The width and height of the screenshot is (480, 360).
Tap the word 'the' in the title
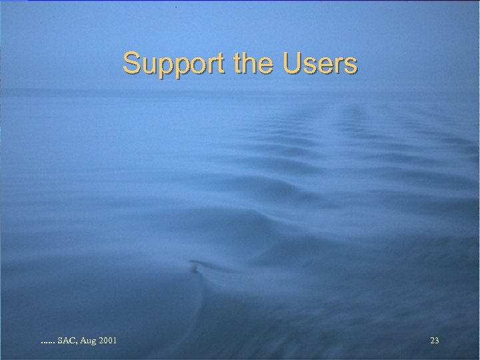pyautogui.click(x=255, y=64)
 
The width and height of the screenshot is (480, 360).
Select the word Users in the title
pyautogui.click(x=320, y=64)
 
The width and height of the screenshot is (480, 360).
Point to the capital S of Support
pyautogui.click(x=131, y=64)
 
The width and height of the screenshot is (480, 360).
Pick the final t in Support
pyautogui.click(x=224, y=64)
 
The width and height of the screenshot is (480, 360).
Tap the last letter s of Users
pyautogui.click(x=351, y=66)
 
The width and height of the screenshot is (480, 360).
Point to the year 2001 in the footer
pyautogui.click(x=109, y=341)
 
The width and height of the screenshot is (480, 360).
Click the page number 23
pyautogui.click(x=434, y=341)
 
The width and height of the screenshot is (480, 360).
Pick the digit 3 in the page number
pyautogui.click(x=437, y=341)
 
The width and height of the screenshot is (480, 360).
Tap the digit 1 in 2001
pyautogui.click(x=116, y=341)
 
